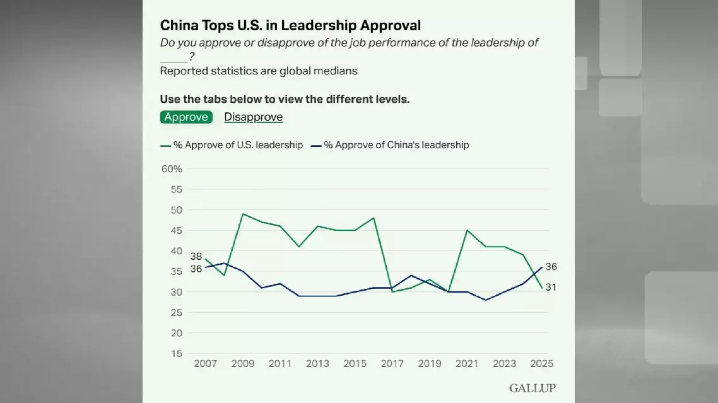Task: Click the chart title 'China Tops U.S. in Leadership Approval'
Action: (x=290, y=25)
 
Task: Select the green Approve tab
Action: (x=186, y=117)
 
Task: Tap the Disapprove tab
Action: (x=253, y=117)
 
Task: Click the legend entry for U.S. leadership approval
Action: (x=232, y=145)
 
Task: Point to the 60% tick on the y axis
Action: (x=172, y=169)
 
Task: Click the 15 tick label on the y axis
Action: (x=176, y=354)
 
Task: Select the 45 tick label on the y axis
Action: (x=176, y=230)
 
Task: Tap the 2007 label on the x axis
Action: (x=206, y=364)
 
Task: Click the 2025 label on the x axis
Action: (x=541, y=364)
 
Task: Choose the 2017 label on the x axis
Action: (x=392, y=364)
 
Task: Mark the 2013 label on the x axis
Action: (x=317, y=364)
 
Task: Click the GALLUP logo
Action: (x=533, y=388)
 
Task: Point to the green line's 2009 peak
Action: (x=243, y=214)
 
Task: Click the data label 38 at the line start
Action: (x=196, y=256)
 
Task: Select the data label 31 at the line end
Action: (x=551, y=288)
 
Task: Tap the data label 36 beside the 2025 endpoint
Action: (x=551, y=267)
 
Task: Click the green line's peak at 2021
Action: (x=467, y=230)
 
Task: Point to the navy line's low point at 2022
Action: (x=485, y=300)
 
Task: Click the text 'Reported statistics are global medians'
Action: (x=259, y=71)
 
